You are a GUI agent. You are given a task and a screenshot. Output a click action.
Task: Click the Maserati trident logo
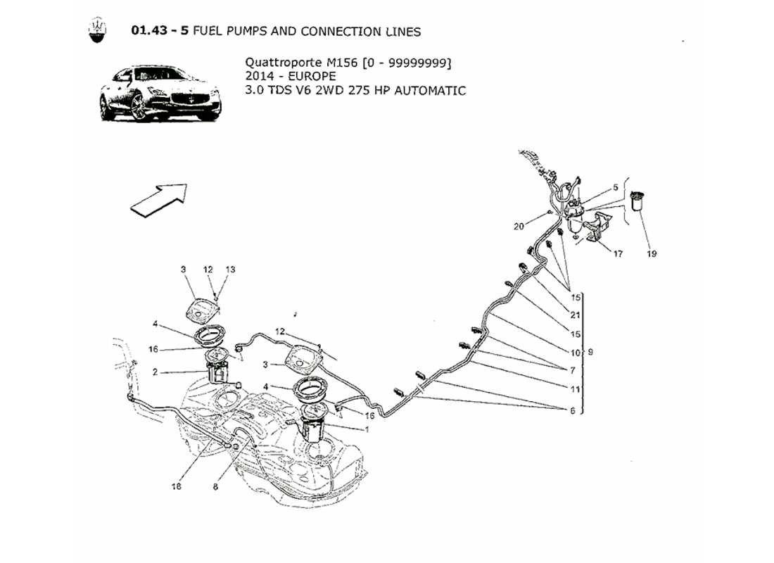point(97,31)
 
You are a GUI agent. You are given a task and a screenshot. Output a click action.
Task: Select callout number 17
point(617,254)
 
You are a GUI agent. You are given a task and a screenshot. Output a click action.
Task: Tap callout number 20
point(519,227)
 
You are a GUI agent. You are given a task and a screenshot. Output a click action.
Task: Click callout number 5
point(616,187)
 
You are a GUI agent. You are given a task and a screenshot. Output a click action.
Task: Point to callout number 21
point(576,315)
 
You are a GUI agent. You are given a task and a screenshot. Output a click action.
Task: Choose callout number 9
point(590,352)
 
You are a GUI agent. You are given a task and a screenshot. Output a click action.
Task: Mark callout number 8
point(217,485)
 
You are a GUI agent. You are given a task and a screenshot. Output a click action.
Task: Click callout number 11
point(575,389)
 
